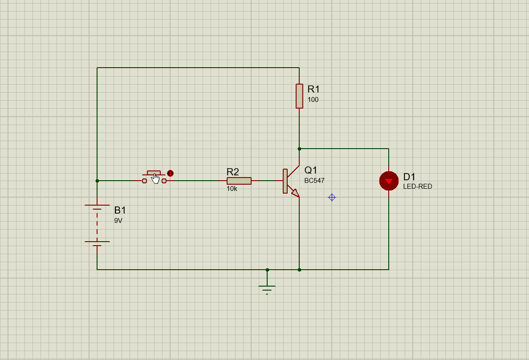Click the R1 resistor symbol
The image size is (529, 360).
coord(299,96)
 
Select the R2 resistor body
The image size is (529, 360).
coord(239,181)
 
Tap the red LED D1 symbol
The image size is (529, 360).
coord(389,181)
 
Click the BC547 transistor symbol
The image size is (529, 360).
coord(290,181)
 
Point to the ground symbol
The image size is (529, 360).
coord(267,287)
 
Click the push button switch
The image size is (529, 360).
coord(154,178)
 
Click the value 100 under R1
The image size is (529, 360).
coord(313,100)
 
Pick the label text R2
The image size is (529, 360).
coord(233,172)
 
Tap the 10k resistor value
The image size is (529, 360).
coord(232,189)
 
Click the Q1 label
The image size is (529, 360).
coord(311,170)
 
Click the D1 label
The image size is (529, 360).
coord(409,177)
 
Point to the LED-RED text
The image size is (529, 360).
coord(418,186)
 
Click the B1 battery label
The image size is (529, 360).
coord(120,210)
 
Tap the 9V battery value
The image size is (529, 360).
coord(118,220)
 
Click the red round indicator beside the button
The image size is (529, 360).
coord(170,174)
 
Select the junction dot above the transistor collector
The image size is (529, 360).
coord(299,149)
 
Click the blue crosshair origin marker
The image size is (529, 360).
coord(332,197)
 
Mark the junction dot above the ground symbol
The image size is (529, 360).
coord(267,270)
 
